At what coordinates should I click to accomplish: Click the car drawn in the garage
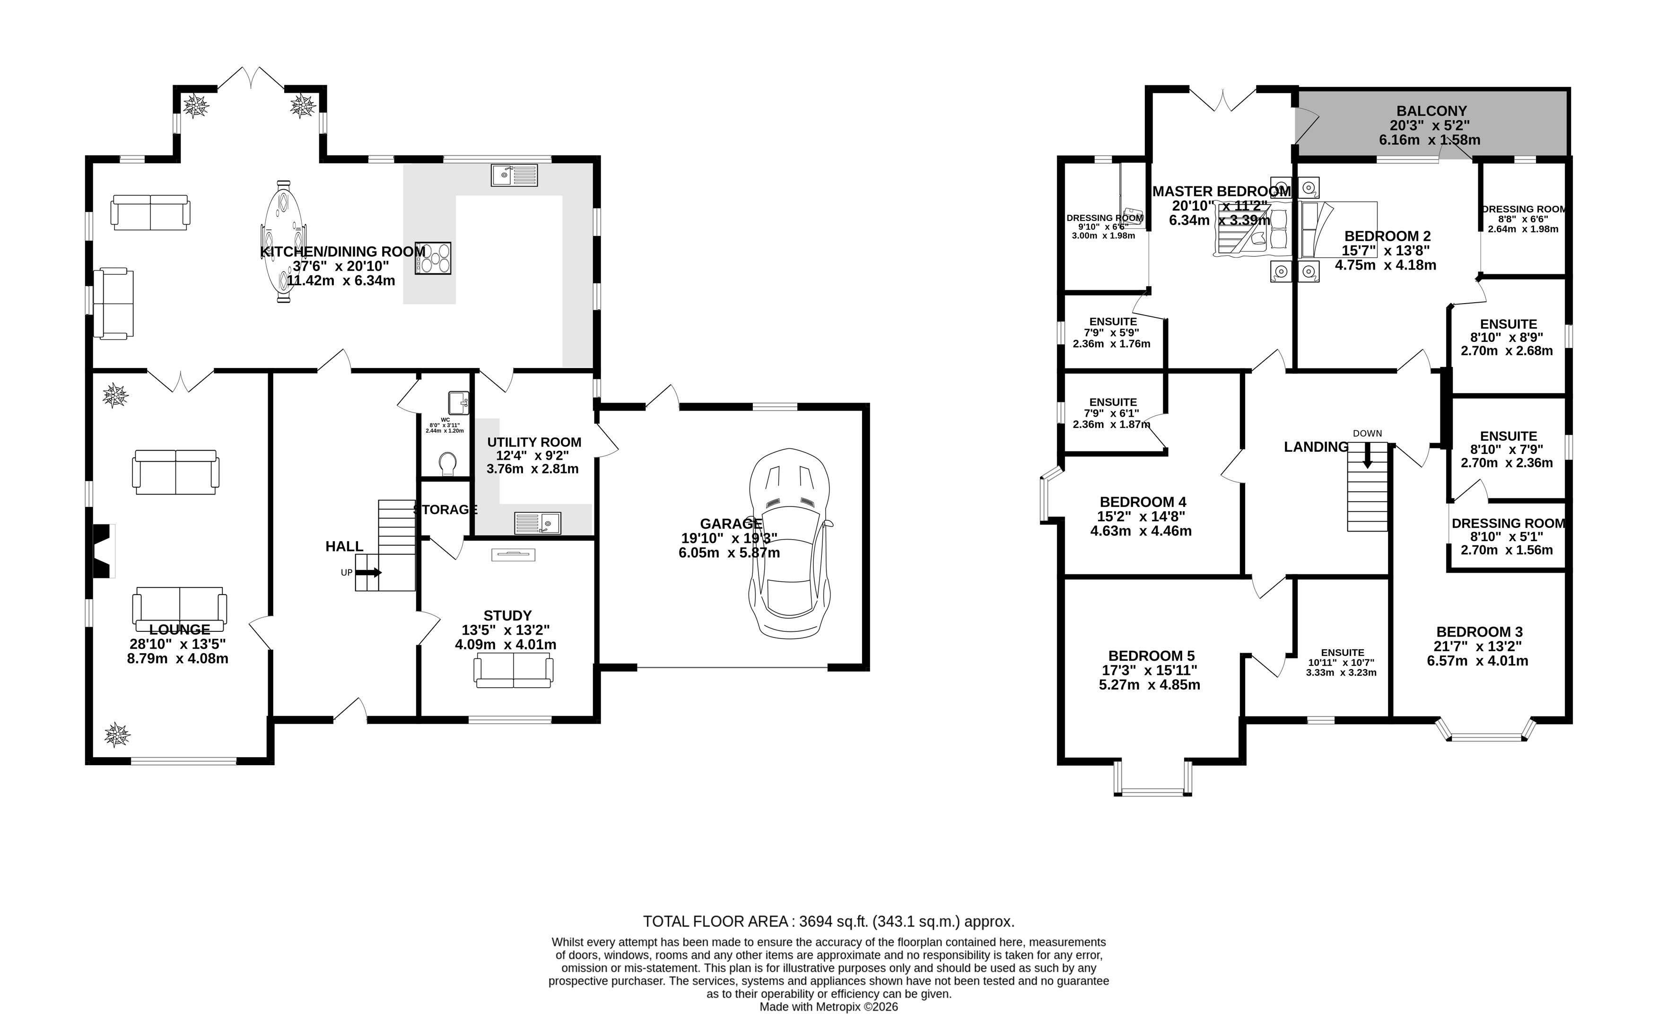(789, 544)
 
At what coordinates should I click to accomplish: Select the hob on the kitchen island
(433, 258)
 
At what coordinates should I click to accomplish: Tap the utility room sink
(537, 523)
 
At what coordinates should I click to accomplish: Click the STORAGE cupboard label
(445, 510)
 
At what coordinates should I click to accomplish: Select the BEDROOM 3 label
(1479, 632)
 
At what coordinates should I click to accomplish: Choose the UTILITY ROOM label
(533, 442)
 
